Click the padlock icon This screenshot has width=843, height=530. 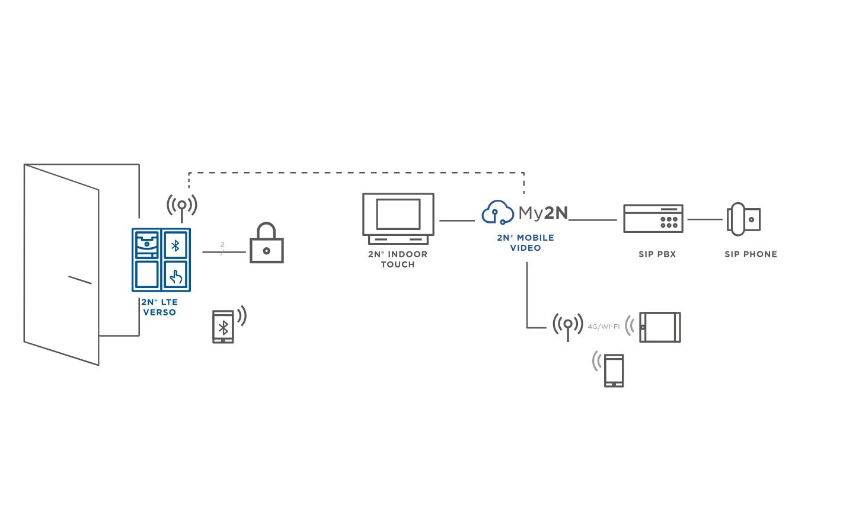tap(266, 244)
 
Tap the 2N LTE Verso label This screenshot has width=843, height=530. tap(159, 307)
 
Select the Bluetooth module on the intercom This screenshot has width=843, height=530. tap(175, 245)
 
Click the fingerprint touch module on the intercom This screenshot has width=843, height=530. tap(175, 275)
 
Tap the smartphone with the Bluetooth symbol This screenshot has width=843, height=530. tap(223, 327)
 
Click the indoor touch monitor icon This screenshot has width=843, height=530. tap(398, 218)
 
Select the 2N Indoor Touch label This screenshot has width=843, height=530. tap(398, 259)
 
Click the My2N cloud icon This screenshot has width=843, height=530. tap(497, 212)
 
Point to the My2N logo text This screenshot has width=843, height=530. tap(543, 212)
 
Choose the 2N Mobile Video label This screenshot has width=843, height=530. tap(525, 242)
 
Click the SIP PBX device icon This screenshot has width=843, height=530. tap(653, 219)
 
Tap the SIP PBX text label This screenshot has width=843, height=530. tap(657, 254)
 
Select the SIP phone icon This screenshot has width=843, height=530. tap(743, 219)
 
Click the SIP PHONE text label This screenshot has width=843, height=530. tap(751, 254)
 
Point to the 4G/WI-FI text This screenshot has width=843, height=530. tap(603, 327)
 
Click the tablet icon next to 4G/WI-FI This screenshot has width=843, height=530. tap(660, 327)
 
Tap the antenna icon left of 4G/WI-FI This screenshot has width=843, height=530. tap(567, 325)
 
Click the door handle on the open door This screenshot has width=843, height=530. tap(80, 280)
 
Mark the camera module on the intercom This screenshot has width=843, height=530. tap(146, 244)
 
